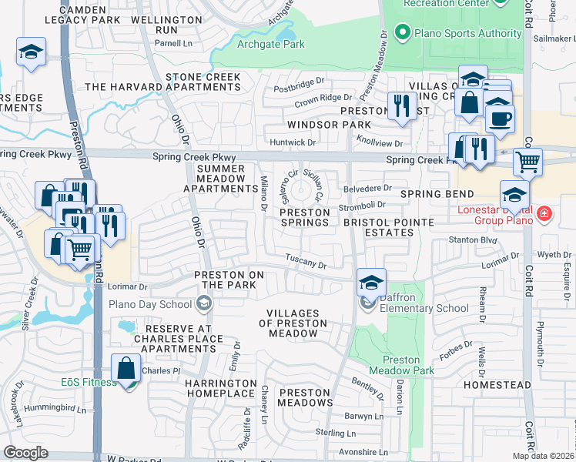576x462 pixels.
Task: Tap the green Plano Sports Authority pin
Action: [x=401, y=33]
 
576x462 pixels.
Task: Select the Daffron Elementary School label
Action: [x=424, y=308]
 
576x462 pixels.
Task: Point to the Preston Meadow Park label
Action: [x=409, y=365]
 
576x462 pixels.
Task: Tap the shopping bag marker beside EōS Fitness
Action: [x=126, y=367]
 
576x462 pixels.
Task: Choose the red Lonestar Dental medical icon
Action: [x=544, y=212]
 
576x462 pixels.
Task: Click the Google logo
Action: [x=25, y=453]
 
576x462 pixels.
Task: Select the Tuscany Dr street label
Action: [x=306, y=262]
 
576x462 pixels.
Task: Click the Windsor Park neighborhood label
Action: [x=329, y=124]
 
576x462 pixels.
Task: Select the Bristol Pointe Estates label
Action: [x=389, y=227]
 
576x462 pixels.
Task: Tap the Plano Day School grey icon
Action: [x=204, y=303]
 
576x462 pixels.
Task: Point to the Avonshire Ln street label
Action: [x=362, y=452]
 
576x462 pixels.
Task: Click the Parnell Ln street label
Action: [x=176, y=44]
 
